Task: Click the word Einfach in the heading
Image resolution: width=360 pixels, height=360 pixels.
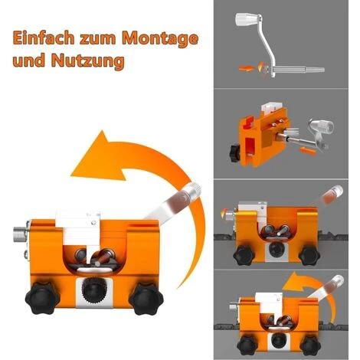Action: click(44, 38)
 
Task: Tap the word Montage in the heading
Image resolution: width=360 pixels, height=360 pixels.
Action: click(160, 39)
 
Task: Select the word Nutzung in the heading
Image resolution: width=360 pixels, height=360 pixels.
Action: click(88, 61)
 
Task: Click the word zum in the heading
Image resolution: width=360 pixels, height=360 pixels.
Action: click(98, 39)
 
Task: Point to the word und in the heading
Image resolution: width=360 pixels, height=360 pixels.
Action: click(29, 61)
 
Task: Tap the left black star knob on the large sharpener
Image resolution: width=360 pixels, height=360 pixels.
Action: click(42, 297)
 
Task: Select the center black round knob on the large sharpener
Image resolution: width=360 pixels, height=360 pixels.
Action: click(94, 291)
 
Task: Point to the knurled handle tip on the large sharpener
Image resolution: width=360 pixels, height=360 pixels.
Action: click(194, 191)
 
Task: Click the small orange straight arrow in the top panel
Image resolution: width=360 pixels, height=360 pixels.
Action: click(247, 68)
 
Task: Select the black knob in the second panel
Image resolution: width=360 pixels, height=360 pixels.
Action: click(234, 153)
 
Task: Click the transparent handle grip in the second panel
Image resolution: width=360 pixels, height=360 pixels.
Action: click(322, 126)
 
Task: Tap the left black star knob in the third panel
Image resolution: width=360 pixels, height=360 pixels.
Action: click(244, 255)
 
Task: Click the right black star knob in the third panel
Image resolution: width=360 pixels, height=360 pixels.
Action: click(309, 255)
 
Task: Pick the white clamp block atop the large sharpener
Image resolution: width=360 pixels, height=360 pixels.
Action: click(79, 228)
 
